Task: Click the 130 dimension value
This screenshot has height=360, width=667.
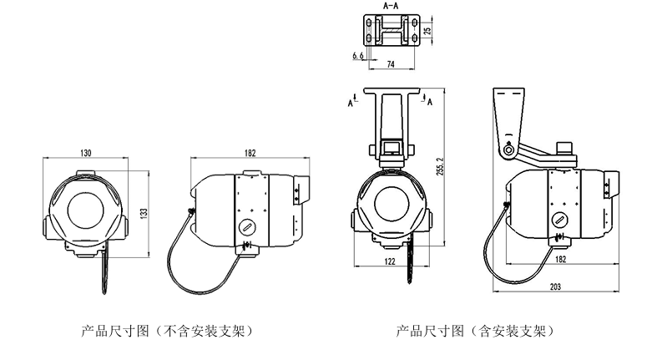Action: point(86,153)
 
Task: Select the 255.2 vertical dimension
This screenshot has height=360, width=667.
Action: point(441,175)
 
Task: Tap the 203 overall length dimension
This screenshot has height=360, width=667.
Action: point(554,286)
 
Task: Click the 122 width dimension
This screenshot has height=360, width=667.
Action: point(389,261)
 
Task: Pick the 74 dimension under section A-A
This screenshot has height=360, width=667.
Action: point(391,63)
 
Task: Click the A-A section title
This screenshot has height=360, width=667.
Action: point(390,5)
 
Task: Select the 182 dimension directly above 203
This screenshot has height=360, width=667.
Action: point(560,260)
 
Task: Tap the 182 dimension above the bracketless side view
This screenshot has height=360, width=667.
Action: point(250,153)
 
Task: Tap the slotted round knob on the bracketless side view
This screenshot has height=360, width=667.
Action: point(249,227)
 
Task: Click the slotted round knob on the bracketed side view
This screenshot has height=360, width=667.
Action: point(562,220)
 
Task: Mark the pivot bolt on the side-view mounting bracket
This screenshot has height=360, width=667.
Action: point(506,150)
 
